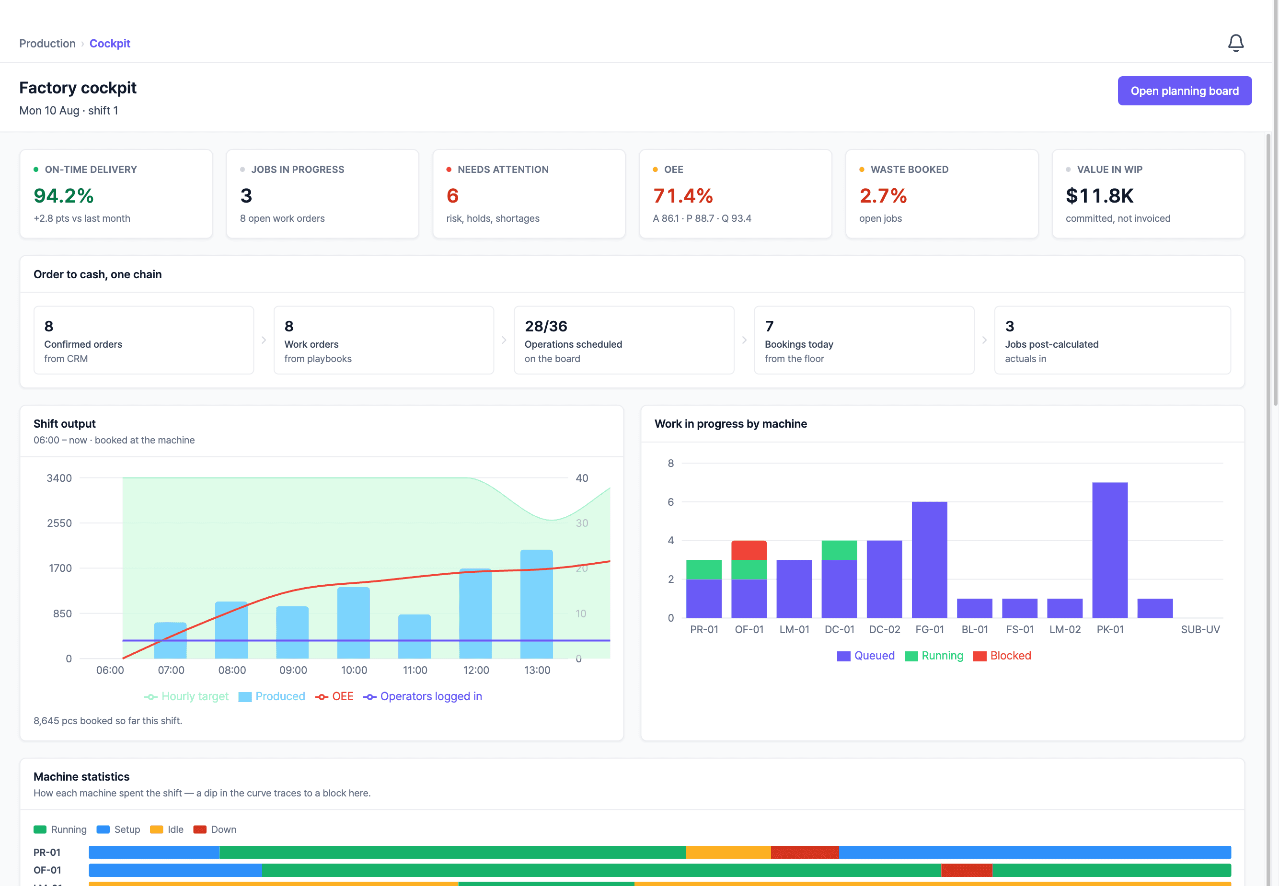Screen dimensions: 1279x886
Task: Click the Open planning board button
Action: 1184,91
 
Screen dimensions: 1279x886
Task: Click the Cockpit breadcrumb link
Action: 110,43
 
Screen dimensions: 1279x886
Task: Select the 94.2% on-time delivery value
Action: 63,195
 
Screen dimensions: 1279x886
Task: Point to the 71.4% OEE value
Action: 682,195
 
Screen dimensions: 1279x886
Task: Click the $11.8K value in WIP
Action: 1099,195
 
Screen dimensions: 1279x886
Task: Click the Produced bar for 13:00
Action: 537,604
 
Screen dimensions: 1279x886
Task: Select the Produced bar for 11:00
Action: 415,636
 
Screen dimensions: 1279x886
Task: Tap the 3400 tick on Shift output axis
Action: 59,478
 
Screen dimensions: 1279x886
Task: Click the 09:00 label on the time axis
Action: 293,670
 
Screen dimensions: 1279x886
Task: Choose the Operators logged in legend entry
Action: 423,696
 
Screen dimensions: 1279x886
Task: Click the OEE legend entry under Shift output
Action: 334,696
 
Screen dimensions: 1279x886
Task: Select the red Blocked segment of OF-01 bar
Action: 749,550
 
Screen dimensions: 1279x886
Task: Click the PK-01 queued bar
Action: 1110,550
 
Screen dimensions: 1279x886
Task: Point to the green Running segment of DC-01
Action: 839,550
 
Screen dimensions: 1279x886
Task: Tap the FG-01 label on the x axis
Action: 930,629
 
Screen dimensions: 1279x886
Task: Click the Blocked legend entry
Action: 1002,656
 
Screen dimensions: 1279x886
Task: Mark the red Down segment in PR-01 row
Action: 805,852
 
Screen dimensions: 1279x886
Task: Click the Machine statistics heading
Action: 81,777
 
